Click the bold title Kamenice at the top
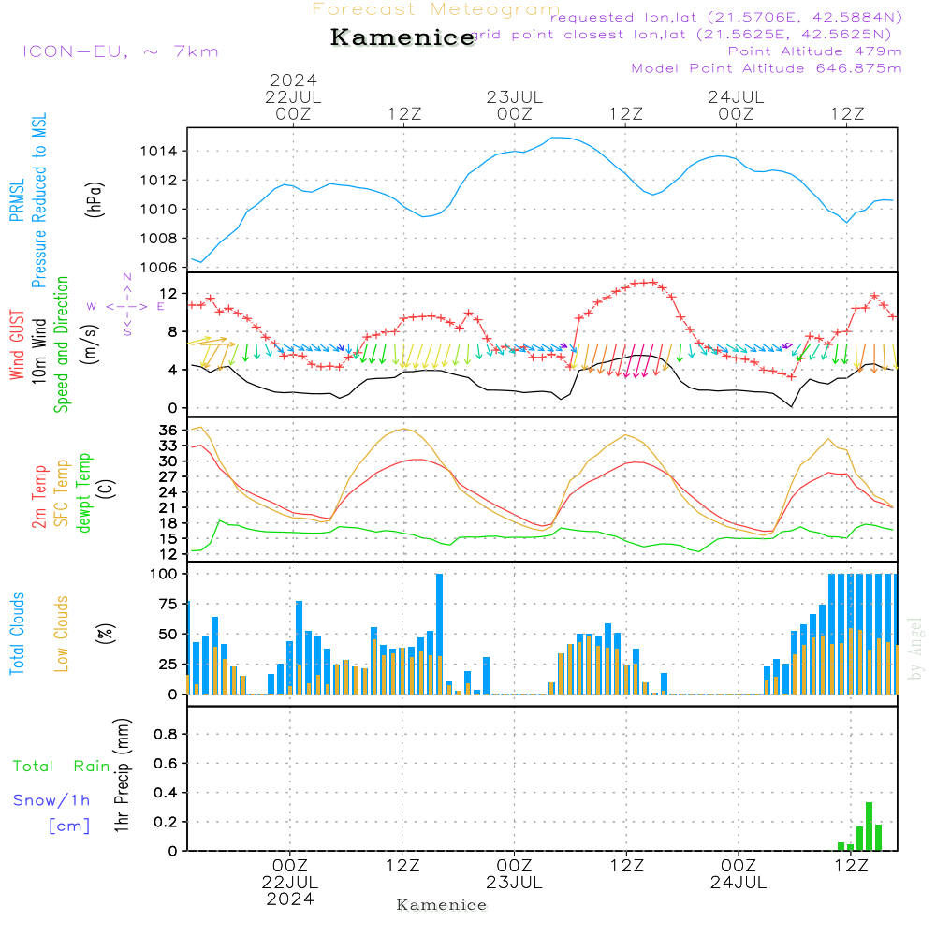click(402, 37)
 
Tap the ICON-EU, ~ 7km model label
click(120, 51)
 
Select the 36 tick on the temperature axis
click(169, 430)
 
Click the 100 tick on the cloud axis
click(165, 574)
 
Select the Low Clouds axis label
click(62, 634)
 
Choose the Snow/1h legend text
click(52, 800)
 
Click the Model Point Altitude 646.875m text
click(767, 68)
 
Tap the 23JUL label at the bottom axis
click(514, 882)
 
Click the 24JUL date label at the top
click(736, 96)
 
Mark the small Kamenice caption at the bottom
click(442, 905)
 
